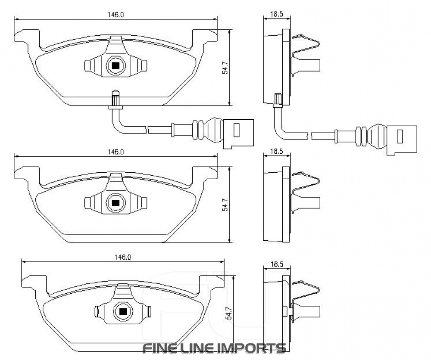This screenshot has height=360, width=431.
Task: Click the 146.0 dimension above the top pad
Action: pos(116,15)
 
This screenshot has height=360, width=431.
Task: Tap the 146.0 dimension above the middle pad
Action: pos(116,152)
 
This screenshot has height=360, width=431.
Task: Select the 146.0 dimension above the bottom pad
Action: pos(123,258)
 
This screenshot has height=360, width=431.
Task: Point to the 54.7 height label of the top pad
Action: pos(225,67)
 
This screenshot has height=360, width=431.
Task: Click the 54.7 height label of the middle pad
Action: pos(225,204)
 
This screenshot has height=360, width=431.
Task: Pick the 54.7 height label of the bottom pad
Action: pos(229,313)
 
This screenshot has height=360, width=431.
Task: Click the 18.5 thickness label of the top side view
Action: pos(277,14)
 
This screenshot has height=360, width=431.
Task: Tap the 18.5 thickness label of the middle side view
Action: pos(277,151)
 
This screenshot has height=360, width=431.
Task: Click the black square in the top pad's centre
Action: pos(116,66)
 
